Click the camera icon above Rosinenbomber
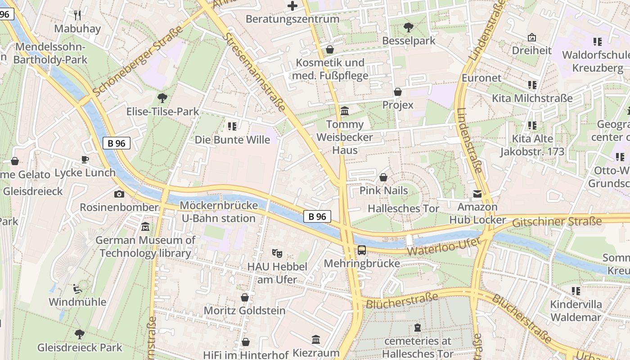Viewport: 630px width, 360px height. pos(119,194)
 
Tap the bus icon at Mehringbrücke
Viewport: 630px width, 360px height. pos(362,250)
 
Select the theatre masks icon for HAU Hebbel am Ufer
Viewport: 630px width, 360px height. pos(277,253)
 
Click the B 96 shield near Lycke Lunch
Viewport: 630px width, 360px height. pos(116,143)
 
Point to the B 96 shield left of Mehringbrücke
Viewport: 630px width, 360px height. pos(317,216)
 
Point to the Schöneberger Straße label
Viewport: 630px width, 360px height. pos(138,61)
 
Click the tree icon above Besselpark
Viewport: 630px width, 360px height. pos(409,27)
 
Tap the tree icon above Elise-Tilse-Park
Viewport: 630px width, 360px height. pos(162,98)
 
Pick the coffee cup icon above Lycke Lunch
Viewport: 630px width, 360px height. pos(85,159)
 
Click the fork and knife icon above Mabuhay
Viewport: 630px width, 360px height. pos(77,15)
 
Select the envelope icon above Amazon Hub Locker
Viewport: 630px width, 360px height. pos(477,194)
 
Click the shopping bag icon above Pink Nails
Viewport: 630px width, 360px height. pos(383,177)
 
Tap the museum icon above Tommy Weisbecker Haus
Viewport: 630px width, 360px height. pos(345,111)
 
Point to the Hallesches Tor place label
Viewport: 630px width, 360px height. pos(403,208)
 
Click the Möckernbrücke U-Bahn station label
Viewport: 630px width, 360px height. pos(218,212)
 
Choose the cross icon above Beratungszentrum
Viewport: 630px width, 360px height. pos(292,6)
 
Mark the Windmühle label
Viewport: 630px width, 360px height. pos(77,302)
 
